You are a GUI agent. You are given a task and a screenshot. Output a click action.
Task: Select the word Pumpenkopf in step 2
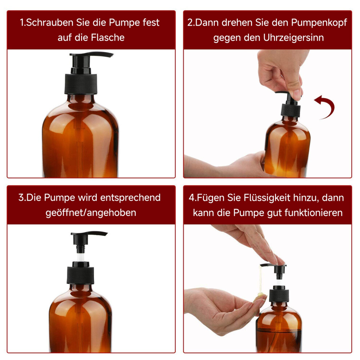pyautogui.click(x=319, y=23)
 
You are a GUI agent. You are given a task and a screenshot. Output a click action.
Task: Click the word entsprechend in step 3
pyautogui.click(x=130, y=198)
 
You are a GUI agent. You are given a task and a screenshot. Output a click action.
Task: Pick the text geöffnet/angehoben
pyautogui.click(x=91, y=213)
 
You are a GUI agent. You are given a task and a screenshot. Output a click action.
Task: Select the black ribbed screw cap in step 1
pyautogui.click(x=81, y=84)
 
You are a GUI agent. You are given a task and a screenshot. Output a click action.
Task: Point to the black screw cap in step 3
pyautogui.click(x=80, y=275)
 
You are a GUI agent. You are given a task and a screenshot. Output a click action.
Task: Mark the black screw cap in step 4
pyautogui.click(x=279, y=296)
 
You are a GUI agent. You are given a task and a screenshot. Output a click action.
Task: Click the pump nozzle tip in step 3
pyautogui.click(x=105, y=234)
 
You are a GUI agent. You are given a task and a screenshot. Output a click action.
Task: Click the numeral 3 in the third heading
pyautogui.click(x=21, y=198)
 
